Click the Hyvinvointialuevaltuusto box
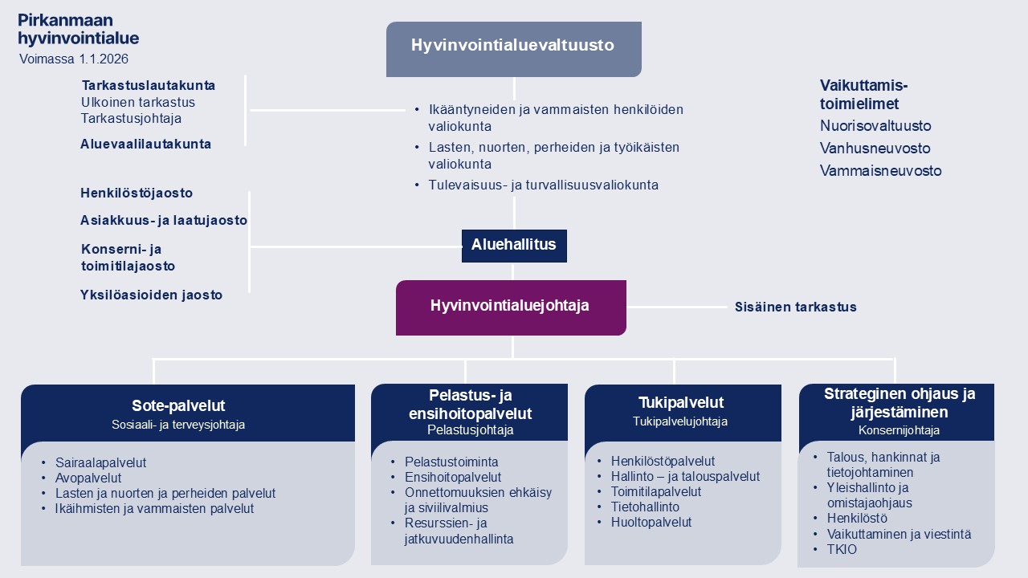(x=513, y=46)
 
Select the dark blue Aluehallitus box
(x=514, y=245)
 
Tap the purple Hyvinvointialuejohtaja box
(x=510, y=306)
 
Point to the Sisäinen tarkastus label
(x=795, y=307)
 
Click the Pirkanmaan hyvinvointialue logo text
(x=78, y=30)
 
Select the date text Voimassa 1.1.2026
(x=74, y=59)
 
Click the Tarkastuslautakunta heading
(x=149, y=85)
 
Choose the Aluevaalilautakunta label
(x=145, y=144)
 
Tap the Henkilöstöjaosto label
(x=137, y=193)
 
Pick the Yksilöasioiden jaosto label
(x=151, y=295)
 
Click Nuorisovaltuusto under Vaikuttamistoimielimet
(x=875, y=126)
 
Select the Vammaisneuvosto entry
(x=880, y=171)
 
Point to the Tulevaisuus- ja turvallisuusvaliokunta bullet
(x=543, y=185)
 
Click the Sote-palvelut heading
(x=178, y=405)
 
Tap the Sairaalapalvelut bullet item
(x=101, y=462)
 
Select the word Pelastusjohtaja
(x=470, y=430)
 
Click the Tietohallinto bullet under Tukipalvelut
(x=645, y=507)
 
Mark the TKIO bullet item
(x=842, y=550)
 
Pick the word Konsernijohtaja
(x=899, y=430)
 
